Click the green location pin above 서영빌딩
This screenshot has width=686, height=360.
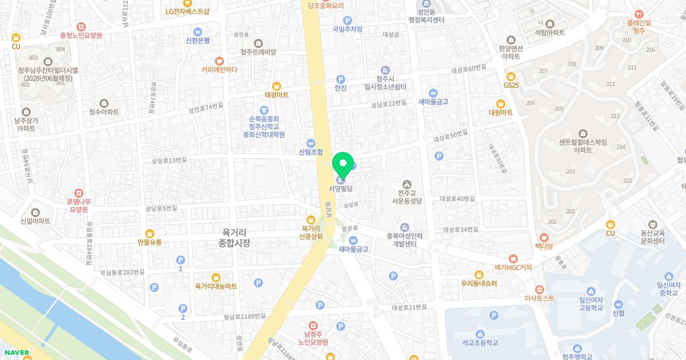click(x=343, y=164)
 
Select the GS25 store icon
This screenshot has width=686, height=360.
click(x=511, y=76)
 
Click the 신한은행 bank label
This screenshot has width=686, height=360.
click(x=198, y=41)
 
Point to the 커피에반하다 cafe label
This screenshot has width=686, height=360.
click(x=219, y=70)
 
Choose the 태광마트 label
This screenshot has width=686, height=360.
click(x=277, y=95)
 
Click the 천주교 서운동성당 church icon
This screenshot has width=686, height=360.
click(x=406, y=184)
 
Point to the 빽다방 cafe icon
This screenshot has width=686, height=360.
click(x=544, y=237)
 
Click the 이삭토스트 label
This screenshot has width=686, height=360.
click(x=539, y=298)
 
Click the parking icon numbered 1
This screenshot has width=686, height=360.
click(x=181, y=260)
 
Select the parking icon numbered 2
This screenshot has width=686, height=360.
click(x=182, y=309)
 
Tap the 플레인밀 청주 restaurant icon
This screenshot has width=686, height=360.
click(x=639, y=14)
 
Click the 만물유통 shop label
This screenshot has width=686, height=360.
click(x=150, y=242)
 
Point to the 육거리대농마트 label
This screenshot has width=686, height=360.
click(x=216, y=286)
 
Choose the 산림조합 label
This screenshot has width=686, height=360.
click(x=311, y=152)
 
